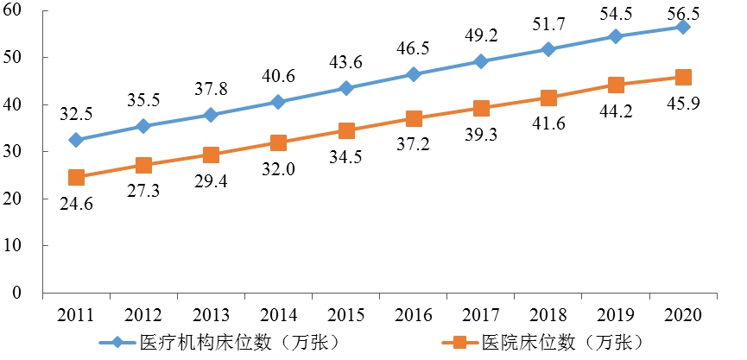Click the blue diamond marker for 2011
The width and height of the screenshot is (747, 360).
[x=76, y=140]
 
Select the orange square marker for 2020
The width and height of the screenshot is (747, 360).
[x=682, y=78]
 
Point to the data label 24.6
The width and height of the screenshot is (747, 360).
[x=76, y=205]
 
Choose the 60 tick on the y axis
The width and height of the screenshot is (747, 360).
[x=19, y=10]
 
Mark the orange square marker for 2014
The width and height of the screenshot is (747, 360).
[x=278, y=142]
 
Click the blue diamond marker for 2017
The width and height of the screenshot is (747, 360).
[x=481, y=61]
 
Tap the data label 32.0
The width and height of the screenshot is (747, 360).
[x=278, y=170]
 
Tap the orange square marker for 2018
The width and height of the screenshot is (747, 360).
[x=548, y=98]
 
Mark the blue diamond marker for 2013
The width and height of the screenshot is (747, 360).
[x=211, y=115]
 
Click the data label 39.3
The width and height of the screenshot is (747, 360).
[x=481, y=136]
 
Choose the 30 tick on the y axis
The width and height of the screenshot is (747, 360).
[x=19, y=152]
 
